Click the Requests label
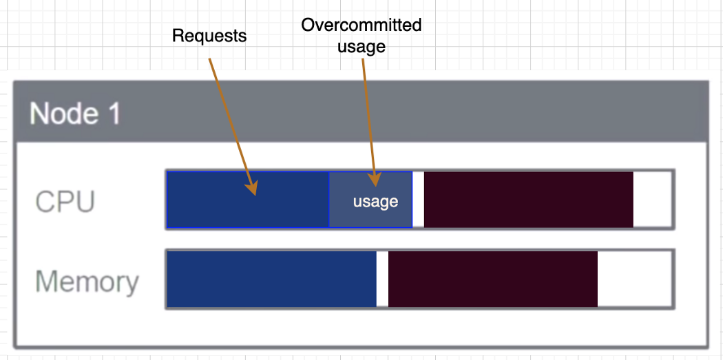(x=209, y=36)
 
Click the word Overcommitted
(x=361, y=25)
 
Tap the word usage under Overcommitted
(x=361, y=47)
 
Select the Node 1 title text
(x=75, y=113)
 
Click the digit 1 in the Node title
(x=112, y=113)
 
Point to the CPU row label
(x=65, y=202)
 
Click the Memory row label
(x=87, y=282)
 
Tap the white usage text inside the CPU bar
(x=375, y=202)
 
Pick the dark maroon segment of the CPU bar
(x=528, y=200)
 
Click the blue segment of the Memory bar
(x=272, y=279)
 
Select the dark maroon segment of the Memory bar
(x=493, y=279)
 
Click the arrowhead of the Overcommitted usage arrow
(x=374, y=180)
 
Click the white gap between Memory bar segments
(x=382, y=279)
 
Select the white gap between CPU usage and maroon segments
(x=418, y=200)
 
